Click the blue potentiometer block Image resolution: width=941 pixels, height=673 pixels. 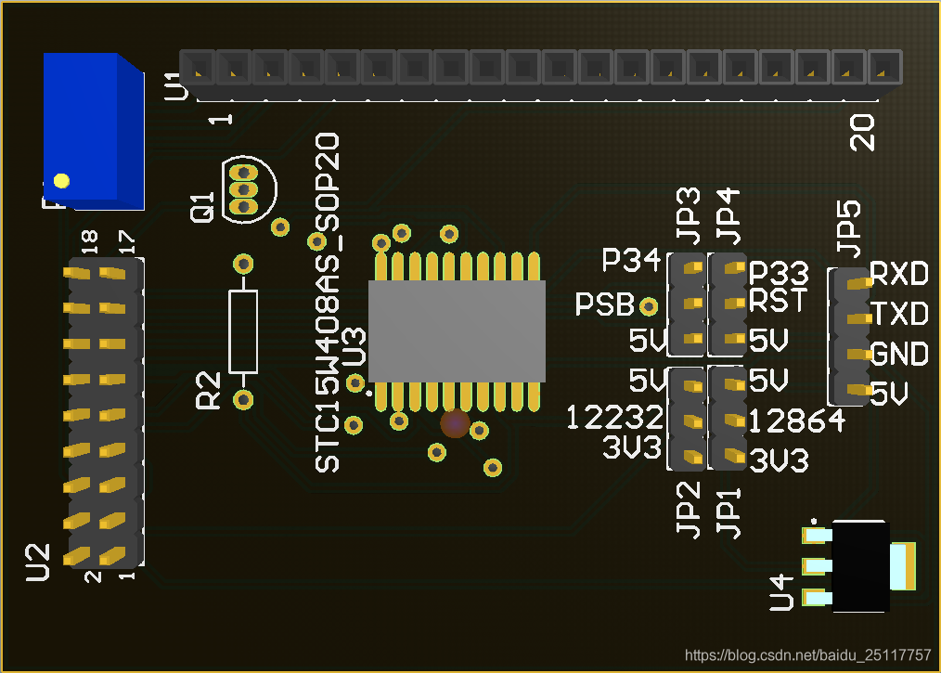(x=94, y=131)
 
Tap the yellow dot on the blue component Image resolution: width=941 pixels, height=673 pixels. (x=61, y=181)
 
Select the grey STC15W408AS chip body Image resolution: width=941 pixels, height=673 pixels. (x=457, y=330)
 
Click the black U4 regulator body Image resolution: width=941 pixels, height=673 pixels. (x=860, y=566)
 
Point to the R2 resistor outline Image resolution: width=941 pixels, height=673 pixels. (x=243, y=331)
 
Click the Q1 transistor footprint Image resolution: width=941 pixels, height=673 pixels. (x=249, y=189)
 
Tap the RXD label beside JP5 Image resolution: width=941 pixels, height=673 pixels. (x=899, y=274)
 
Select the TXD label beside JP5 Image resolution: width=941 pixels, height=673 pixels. (x=899, y=314)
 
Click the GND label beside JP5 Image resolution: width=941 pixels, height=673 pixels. (x=899, y=354)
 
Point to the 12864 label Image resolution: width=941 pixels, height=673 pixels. (x=797, y=421)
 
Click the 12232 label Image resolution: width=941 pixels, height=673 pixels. (x=614, y=417)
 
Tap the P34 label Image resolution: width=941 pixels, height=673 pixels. (x=631, y=260)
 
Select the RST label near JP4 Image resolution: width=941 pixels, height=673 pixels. (x=778, y=300)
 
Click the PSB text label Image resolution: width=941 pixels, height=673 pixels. (x=604, y=304)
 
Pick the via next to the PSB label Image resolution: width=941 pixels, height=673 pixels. (x=648, y=306)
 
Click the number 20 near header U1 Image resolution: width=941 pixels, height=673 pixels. (x=862, y=133)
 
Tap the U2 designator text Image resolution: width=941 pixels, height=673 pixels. (x=37, y=563)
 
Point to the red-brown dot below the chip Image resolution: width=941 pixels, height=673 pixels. (x=455, y=423)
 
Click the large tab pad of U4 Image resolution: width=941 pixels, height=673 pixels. (x=903, y=566)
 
